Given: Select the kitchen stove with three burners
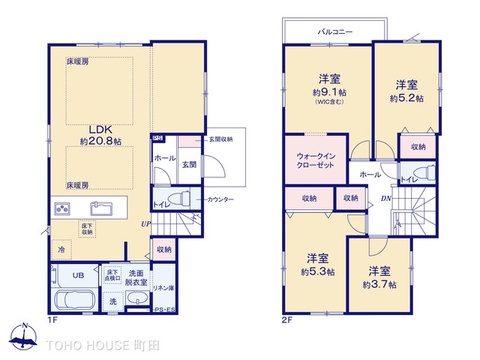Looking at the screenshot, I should point(62,208).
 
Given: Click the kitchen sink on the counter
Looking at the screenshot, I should point(103,208).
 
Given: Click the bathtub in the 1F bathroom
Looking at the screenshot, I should point(70,301).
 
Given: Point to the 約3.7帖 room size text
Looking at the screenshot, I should point(380,284).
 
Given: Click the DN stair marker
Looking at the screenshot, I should point(385,197).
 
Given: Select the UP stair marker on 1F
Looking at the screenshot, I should point(145,224).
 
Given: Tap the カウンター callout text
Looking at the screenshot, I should point(221,200).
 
